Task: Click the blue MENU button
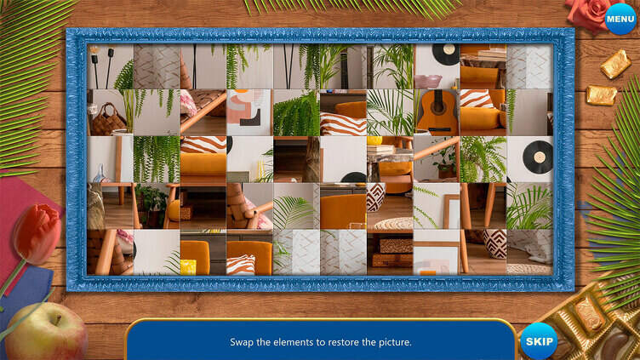pyautogui.click(x=620, y=19)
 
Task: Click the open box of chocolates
pyautogui.click(x=587, y=323)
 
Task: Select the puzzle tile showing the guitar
pyautogui.click(x=437, y=112)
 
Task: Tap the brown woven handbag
pyautogui.click(x=108, y=119)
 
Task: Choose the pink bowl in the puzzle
pyautogui.click(x=427, y=81)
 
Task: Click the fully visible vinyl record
pyautogui.click(x=537, y=157)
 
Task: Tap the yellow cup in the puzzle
pyautogui.click(x=188, y=266)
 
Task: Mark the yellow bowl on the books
pyautogui.click(x=374, y=140)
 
